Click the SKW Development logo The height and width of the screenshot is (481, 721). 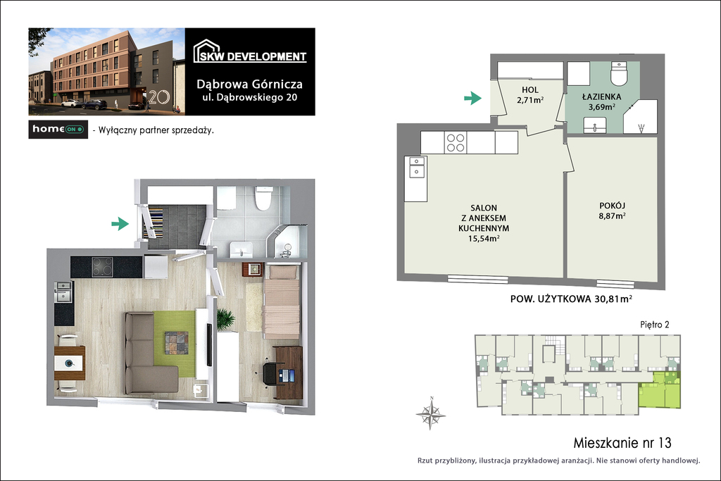[250, 51]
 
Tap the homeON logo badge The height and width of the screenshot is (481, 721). [58, 130]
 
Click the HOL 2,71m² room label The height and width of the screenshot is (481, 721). [530, 95]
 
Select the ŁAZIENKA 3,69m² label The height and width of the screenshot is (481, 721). [601, 101]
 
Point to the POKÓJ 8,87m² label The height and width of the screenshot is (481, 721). [612, 211]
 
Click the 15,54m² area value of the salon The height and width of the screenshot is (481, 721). [483, 239]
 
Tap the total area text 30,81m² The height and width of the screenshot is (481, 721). [613, 299]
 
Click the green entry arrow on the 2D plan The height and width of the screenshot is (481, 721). [472, 98]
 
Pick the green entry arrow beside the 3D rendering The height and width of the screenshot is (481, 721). [120, 224]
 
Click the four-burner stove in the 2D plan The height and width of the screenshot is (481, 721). [456, 142]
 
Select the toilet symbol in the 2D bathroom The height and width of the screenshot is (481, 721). [619, 73]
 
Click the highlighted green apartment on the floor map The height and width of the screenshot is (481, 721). [658, 390]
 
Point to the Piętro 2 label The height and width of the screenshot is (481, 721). [654, 325]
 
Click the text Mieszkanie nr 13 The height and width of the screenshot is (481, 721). [622, 443]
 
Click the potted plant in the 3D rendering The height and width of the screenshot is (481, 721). [226, 319]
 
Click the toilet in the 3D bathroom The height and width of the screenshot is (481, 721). [263, 197]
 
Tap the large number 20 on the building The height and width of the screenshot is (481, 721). [159, 97]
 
